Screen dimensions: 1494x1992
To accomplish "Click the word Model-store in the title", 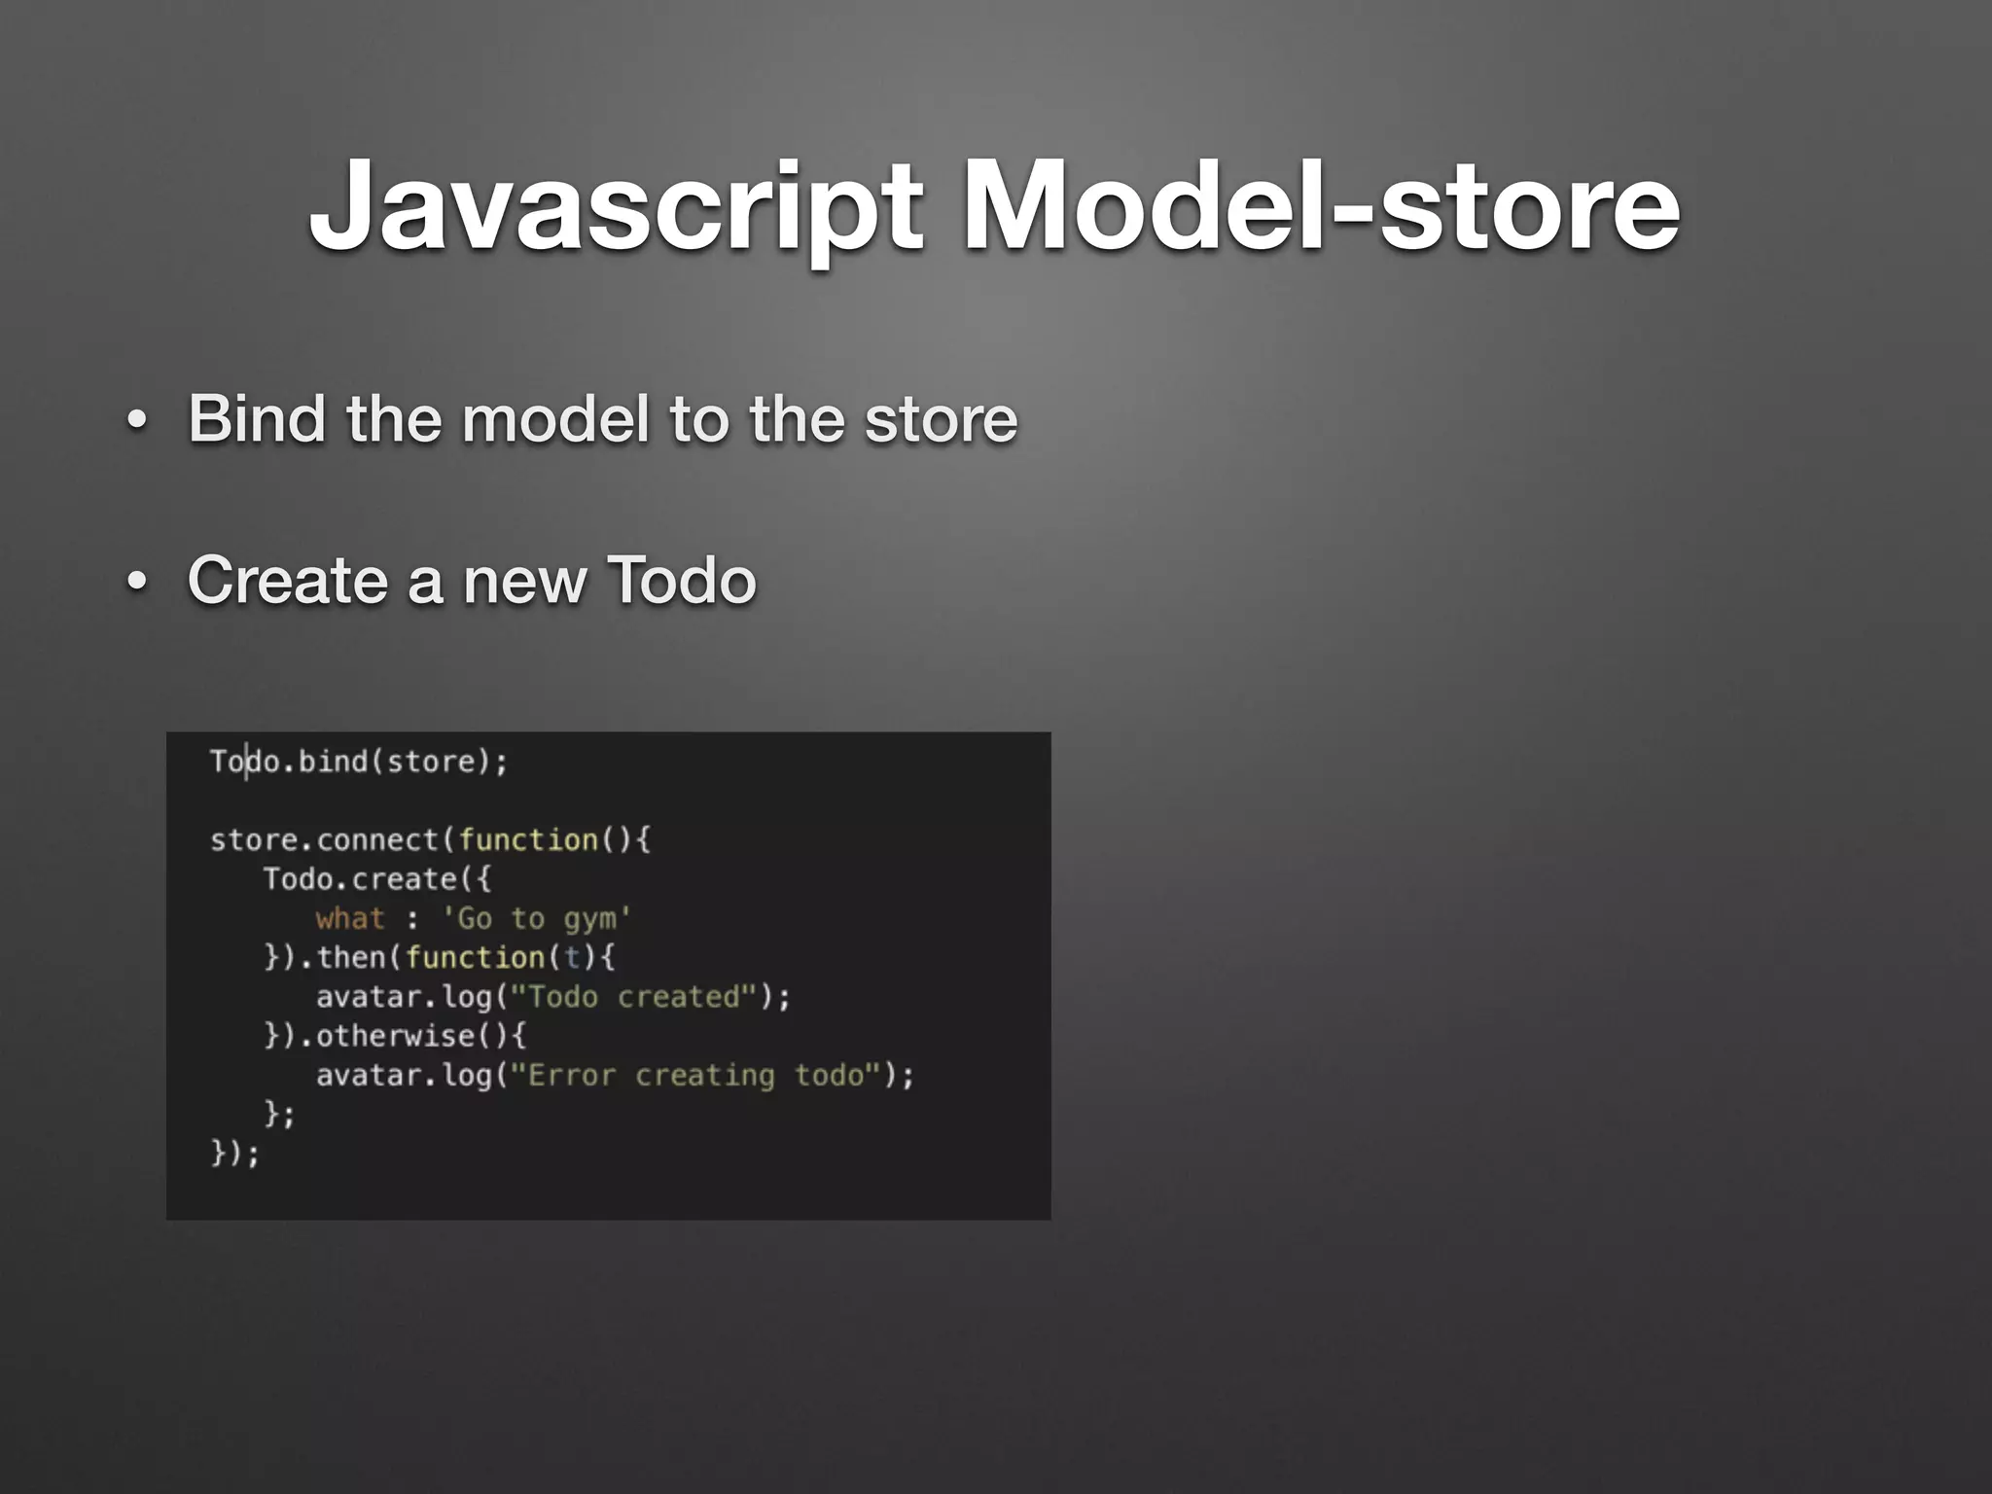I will coord(1320,206).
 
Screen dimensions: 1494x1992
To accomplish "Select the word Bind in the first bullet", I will coord(257,419).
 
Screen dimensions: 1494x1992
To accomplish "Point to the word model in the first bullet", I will coord(554,419).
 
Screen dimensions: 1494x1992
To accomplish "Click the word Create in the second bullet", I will coord(288,581).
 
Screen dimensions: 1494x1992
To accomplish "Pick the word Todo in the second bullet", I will coord(681,581).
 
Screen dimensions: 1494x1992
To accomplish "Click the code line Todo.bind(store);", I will coord(359,762).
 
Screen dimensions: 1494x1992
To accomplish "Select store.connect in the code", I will coord(324,839).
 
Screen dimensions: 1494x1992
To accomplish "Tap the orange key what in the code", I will coord(350,918).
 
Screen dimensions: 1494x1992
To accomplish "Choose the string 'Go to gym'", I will coord(537,918).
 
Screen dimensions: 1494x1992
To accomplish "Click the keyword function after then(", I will coord(475,957).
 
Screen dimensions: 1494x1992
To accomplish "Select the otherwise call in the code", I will coord(395,1036).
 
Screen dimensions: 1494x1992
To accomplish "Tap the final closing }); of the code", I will coord(235,1154).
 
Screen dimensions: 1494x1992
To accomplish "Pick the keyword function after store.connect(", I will coord(528,839).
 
